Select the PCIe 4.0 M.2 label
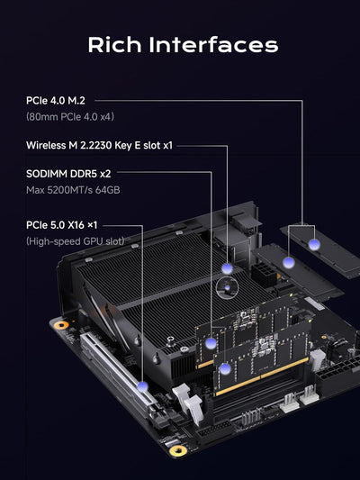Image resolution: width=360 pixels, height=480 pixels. pyautogui.click(x=55, y=101)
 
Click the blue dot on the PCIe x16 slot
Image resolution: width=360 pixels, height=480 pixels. pyautogui.click(x=142, y=386)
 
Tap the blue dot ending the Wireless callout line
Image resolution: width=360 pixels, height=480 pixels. pyautogui.click(x=228, y=268)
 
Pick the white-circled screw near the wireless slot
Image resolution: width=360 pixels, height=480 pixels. pyautogui.click(x=229, y=287)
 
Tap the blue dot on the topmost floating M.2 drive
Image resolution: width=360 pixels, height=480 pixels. pyautogui.click(x=313, y=244)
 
